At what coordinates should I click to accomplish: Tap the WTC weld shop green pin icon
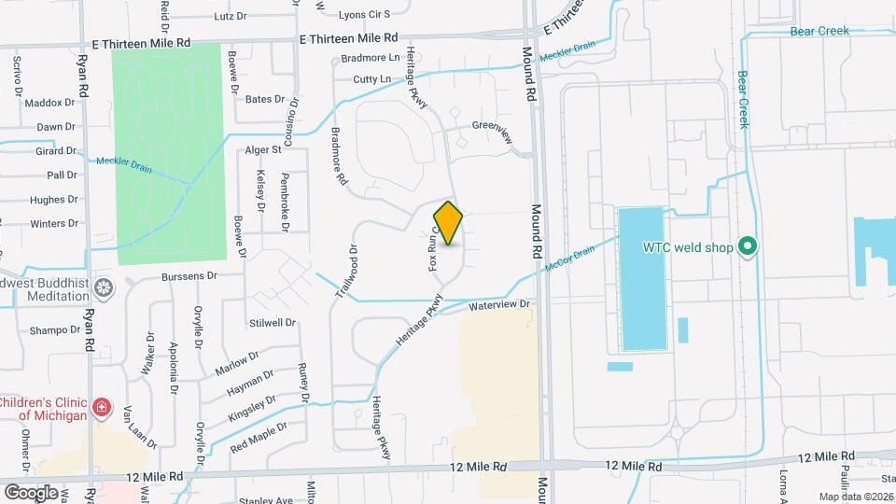tap(747, 247)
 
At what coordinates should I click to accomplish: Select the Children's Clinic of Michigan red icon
tap(101, 408)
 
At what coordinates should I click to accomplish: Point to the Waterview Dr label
tap(499, 305)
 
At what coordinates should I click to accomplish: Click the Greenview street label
tap(493, 131)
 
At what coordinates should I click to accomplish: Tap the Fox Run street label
tap(434, 247)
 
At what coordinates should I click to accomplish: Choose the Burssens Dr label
tap(189, 276)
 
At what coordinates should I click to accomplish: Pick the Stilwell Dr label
tap(272, 323)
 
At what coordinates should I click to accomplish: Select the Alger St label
tap(263, 149)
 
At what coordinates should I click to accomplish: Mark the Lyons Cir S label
tap(364, 15)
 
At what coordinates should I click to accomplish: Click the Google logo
tap(31, 492)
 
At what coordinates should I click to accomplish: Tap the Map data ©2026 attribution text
tap(856, 497)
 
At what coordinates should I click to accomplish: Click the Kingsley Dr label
tap(253, 407)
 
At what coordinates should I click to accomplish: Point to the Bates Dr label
tap(265, 99)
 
